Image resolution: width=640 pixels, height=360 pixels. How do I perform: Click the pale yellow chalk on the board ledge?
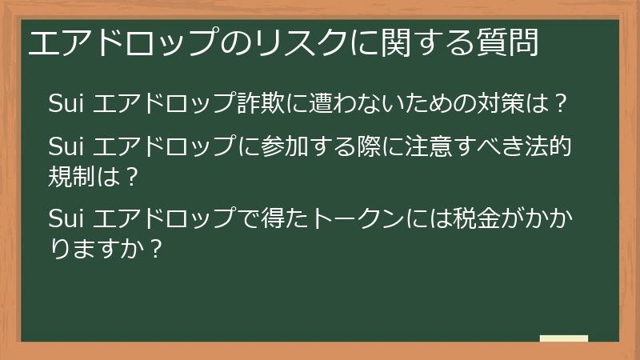[x=563, y=338]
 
